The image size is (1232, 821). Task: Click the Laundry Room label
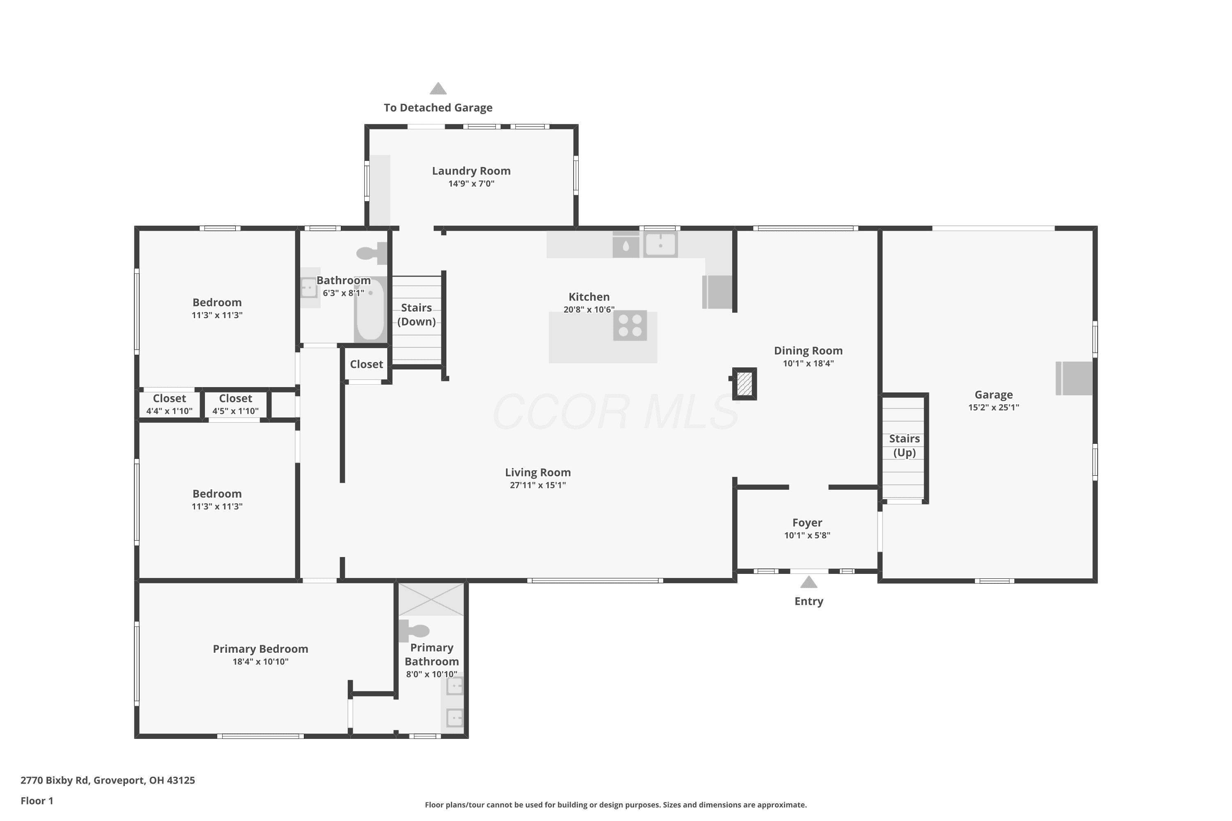coord(471,171)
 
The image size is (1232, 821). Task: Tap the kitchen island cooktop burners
coord(630,325)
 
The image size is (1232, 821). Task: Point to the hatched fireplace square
coord(744,383)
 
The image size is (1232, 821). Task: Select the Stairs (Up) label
coord(904,445)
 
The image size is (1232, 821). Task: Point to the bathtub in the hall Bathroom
coord(370,310)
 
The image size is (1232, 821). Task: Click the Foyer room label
coord(807,523)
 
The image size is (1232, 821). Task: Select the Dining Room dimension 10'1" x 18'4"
coord(808,363)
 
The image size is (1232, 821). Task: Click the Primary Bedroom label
coord(260,649)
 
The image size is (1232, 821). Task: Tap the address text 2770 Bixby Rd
coord(55,780)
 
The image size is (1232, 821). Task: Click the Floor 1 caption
coord(37,800)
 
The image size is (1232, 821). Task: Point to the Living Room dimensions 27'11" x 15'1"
coord(538,485)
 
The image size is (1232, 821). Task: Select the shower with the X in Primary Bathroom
coord(431,599)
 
